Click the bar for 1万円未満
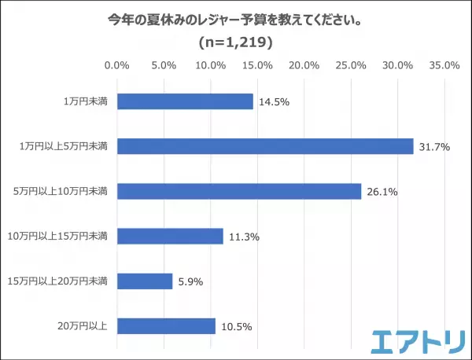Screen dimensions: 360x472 185,101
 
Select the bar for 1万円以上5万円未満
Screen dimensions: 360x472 265,146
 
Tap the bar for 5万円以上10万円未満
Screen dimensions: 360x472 239,191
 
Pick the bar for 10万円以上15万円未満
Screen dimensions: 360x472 170,236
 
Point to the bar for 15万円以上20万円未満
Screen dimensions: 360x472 145,281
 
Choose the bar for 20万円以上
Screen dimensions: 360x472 166,325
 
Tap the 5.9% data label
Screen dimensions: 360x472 190,281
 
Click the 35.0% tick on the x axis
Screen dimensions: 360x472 444,65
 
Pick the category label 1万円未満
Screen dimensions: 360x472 86,101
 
